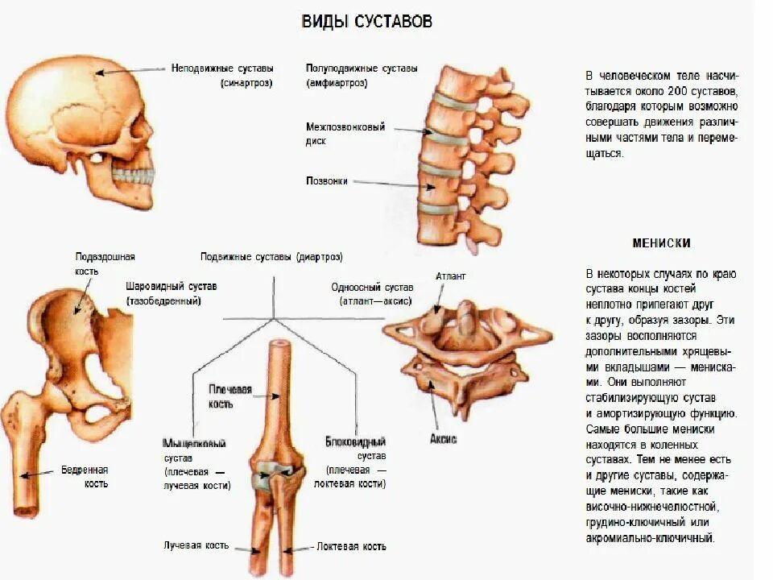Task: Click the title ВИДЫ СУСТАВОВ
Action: tap(366, 22)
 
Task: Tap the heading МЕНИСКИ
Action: tap(661, 242)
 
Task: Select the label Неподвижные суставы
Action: tap(222, 68)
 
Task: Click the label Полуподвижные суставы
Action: tap(362, 68)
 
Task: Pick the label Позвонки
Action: tap(327, 181)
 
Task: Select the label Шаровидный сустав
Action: tap(171, 286)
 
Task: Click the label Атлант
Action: tap(451, 275)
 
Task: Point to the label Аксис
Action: tap(443, 439)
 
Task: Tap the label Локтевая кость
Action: tap(351, 546)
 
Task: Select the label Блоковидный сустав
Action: tap(355, 442)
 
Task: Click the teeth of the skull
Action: tap(134, 173)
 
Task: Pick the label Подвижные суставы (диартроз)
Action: tap(271, 258)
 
